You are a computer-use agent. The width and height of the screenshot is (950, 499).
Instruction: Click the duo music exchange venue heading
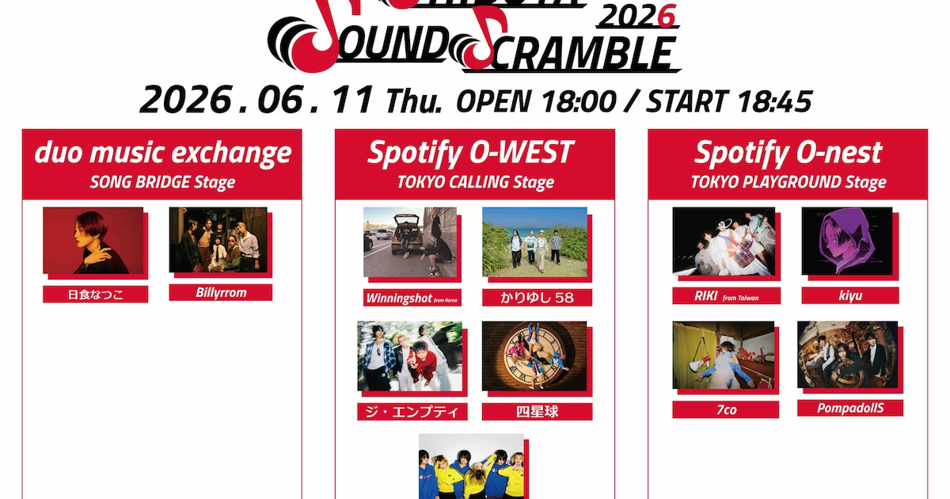coord(162,153)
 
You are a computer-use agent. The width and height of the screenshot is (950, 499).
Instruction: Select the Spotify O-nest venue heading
coord(788,153)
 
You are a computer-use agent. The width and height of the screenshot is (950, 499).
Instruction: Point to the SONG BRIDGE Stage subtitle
coord(162,182)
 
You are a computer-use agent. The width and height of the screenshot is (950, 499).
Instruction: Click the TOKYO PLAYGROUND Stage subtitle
coord(788,182)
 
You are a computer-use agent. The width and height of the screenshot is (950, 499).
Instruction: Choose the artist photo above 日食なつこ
coord(93,241)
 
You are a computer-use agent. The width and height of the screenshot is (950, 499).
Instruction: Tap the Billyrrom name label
coord(221,292)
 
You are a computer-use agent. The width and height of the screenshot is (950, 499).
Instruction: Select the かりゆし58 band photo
coord(535,242)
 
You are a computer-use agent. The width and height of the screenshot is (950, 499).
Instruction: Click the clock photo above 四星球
coord(534,356)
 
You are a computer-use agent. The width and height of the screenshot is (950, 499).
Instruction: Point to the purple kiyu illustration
coord(847,241)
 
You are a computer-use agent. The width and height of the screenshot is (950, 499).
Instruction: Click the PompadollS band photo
coord(847,355)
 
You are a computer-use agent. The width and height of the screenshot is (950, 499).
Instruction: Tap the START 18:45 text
coord(729,101)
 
